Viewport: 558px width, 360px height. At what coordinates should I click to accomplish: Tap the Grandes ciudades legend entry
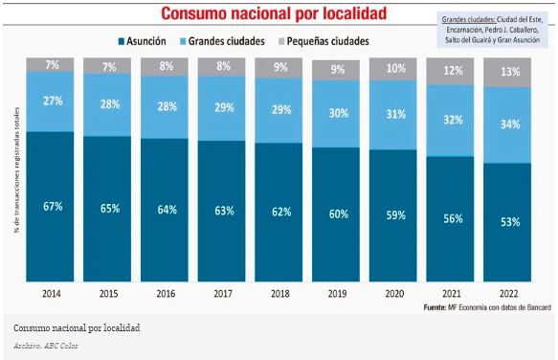point(228,42)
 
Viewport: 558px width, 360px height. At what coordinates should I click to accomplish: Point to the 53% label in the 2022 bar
point(509,221)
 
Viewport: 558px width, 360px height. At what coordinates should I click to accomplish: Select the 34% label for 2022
point(509,124)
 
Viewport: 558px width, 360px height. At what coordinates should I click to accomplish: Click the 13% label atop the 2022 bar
point(509,73)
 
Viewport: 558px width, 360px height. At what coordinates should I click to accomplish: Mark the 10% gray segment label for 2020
point(394,69)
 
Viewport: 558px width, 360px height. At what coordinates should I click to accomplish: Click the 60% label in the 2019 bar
point(338,214)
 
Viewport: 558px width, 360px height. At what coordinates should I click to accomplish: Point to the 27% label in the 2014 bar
point(53,100)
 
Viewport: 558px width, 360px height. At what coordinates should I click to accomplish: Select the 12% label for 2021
point(452,71)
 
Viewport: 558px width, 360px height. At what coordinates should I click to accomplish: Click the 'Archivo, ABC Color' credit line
point(46,345)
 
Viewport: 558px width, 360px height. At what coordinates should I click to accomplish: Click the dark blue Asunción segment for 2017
point(224,212)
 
